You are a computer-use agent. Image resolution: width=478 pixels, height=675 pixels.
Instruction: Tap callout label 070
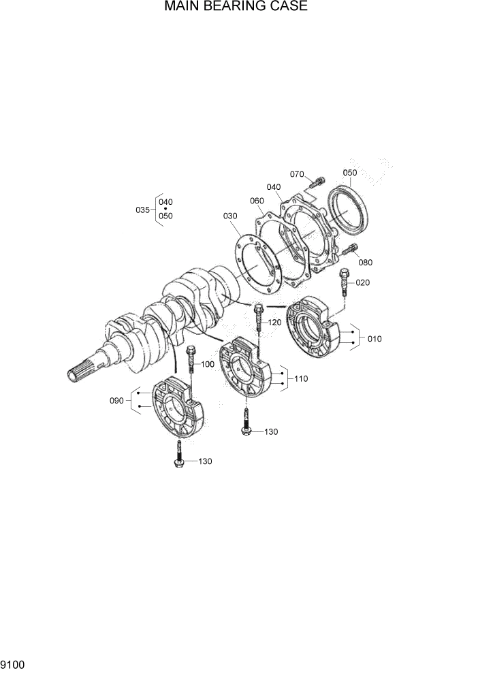pos(297,175)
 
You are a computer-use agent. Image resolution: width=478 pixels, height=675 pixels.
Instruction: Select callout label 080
pos(365,262)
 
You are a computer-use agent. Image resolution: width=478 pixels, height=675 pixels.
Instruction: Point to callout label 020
pos(362,282)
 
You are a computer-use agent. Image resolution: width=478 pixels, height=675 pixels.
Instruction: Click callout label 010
pos(375,338)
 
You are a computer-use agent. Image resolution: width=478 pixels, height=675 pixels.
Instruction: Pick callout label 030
pos(230,216)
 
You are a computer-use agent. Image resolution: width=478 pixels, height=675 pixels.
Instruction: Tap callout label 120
pos(274,323)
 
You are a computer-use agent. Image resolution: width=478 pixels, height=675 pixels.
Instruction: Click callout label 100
pos(207,365)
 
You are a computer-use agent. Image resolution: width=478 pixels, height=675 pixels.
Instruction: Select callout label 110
pos(301,378)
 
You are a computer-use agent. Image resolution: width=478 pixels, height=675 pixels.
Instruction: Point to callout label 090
pos(116,401)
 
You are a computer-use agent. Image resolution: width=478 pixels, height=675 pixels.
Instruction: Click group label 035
pos(142,210)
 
